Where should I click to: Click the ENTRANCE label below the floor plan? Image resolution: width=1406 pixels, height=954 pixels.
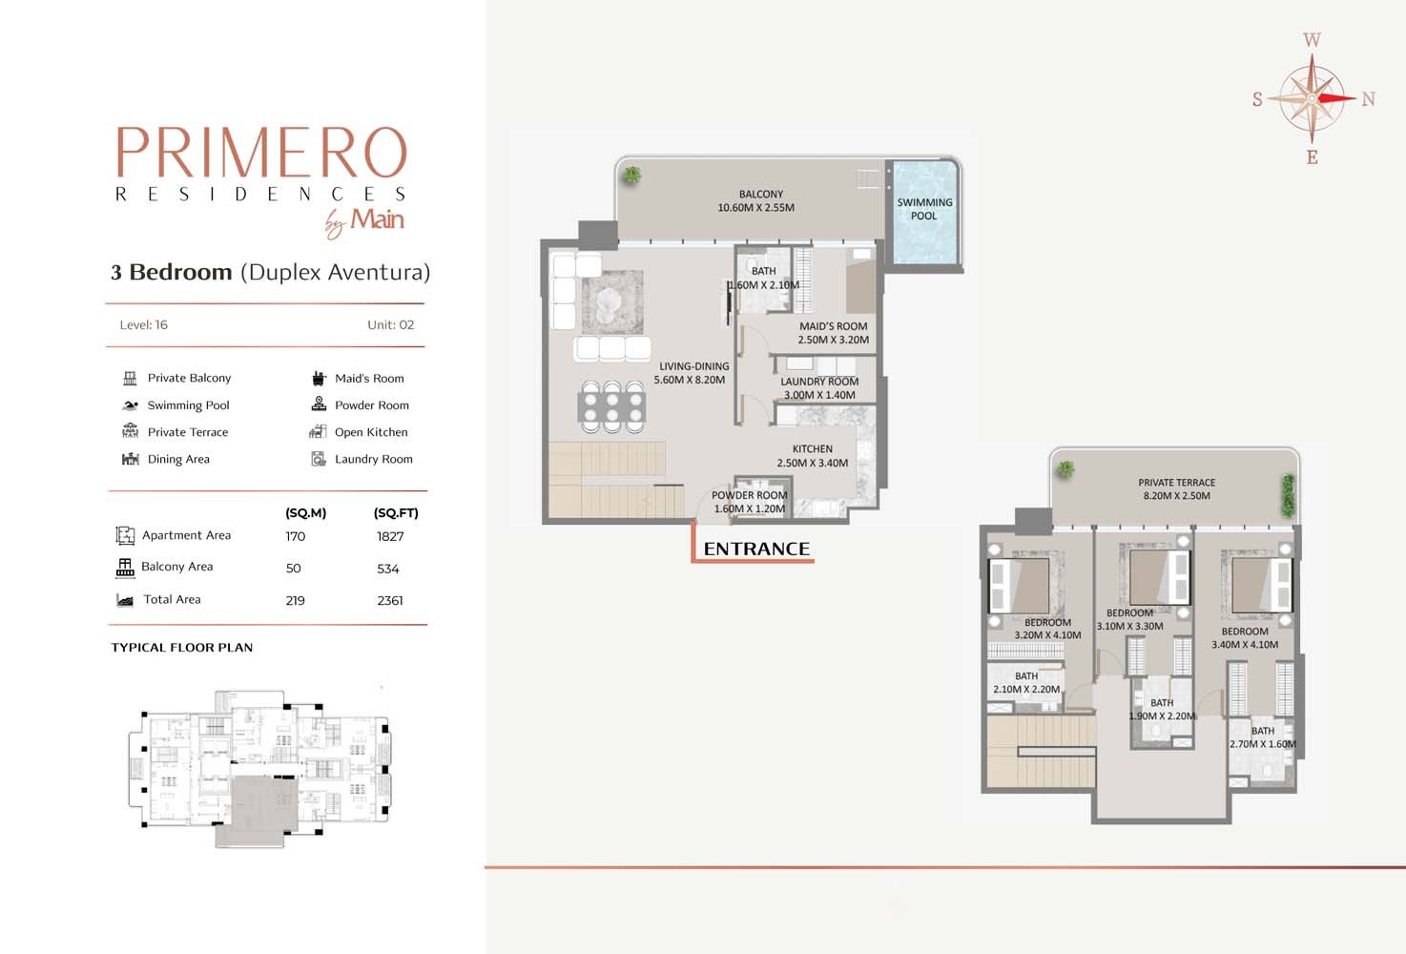tap(756, 549)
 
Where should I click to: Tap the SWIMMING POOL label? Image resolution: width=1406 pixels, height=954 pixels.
tap(924, 209)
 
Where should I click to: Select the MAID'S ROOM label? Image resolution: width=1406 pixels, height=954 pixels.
tap(833, 326)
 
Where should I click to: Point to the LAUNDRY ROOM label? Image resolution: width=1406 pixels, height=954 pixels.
tap(819, 382)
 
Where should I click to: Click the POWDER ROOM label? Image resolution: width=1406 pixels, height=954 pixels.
tap(749, 495)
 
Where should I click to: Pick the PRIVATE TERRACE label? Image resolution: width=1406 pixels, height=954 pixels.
tap(1176, 483)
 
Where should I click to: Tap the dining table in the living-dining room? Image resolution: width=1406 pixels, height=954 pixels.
tap(611, 406)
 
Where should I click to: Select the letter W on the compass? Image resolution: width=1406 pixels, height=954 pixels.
tap(1312, 40)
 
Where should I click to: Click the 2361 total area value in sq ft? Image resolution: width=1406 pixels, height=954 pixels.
tap(390, 601)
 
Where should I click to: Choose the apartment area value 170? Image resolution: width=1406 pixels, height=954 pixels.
tap(295, 536)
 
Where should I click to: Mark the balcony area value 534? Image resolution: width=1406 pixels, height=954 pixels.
tap(388, 569)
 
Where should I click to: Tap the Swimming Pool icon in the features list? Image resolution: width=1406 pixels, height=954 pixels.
tap(131, 405)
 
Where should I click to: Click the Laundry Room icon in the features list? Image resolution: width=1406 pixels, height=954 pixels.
tap(319, 459)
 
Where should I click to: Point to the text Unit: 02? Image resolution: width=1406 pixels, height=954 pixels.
tap(390, 325)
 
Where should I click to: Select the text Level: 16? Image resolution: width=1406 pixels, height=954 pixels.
tap(144, 325)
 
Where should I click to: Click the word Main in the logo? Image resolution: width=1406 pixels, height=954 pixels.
tap(377, 219)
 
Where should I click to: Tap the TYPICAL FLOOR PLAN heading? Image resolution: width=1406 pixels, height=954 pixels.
tap(182, 648)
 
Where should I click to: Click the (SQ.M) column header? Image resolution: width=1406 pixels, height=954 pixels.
tap(305, 513)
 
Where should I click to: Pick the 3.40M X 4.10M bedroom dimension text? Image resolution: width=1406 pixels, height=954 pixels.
tap(1245, 645)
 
